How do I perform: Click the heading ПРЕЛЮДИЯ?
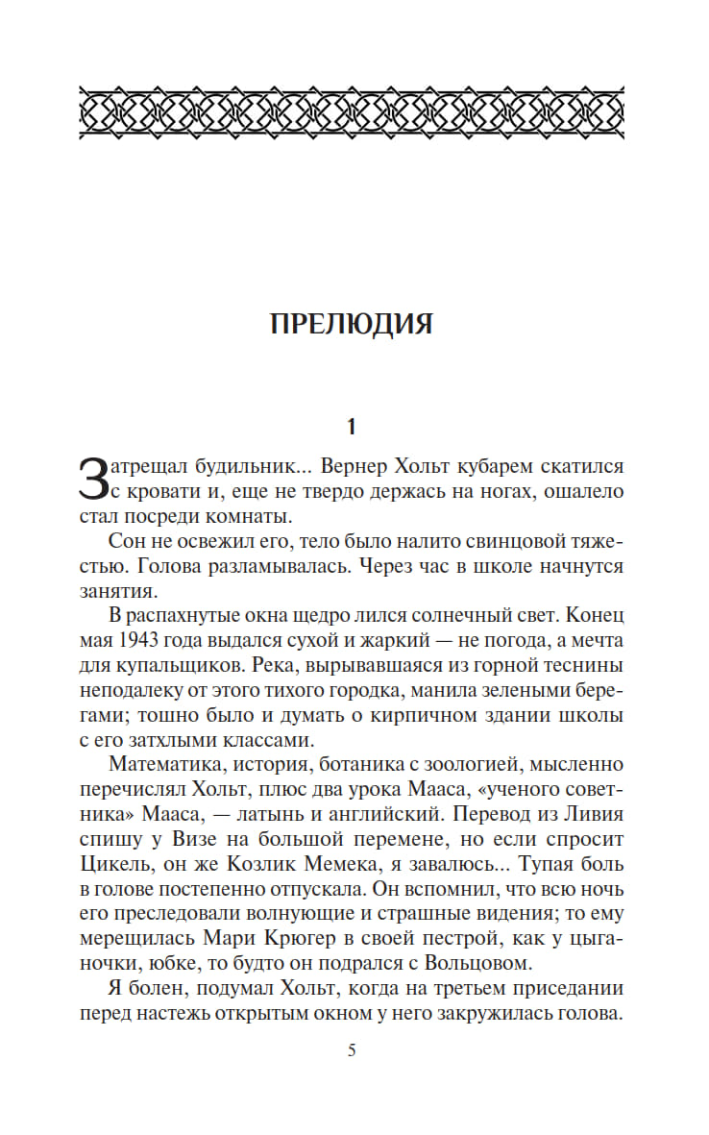tap(352, 324)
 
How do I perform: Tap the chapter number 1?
tap(352, 425)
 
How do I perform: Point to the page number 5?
tap(352, 1050)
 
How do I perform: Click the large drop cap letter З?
tap(90, 478)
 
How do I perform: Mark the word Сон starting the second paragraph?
tap(126, 541)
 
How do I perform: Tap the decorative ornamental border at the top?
tap(352, 113)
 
